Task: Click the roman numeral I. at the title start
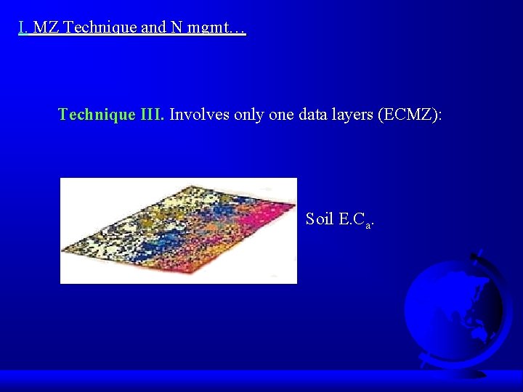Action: coord(23,28)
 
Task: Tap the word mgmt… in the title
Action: coord(217,28)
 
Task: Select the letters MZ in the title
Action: coord(47,28)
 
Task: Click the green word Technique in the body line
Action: coord(97,114)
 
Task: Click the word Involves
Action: coord(200,114)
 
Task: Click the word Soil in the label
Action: coord(320,219)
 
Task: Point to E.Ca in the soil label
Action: coord(355,219)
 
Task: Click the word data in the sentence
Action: coord(312,114)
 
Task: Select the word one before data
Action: coord(281,114)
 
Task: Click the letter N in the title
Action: coord(177,28)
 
